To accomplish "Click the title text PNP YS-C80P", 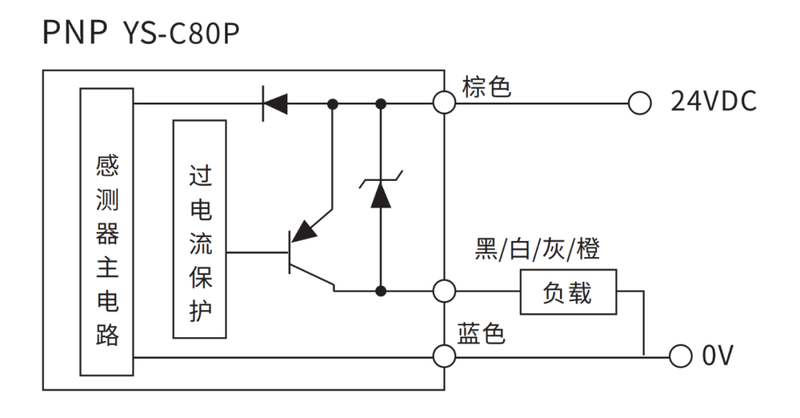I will point(141,33).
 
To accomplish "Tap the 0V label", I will point(717,356).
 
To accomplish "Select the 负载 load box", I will point(567,293).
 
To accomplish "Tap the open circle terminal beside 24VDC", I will point(639,104).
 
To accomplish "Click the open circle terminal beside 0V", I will point(679,356).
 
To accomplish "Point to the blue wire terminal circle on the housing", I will point(444,356).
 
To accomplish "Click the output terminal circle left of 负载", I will point(444,291).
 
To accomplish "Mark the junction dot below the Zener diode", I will point(381,291).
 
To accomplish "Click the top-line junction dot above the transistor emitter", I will point(333,104).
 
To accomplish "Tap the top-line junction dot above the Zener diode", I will point(381,104).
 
